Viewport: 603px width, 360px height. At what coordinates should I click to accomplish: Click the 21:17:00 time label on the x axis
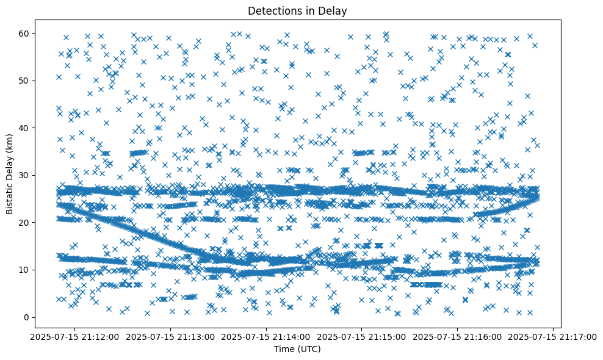(554, 337)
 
